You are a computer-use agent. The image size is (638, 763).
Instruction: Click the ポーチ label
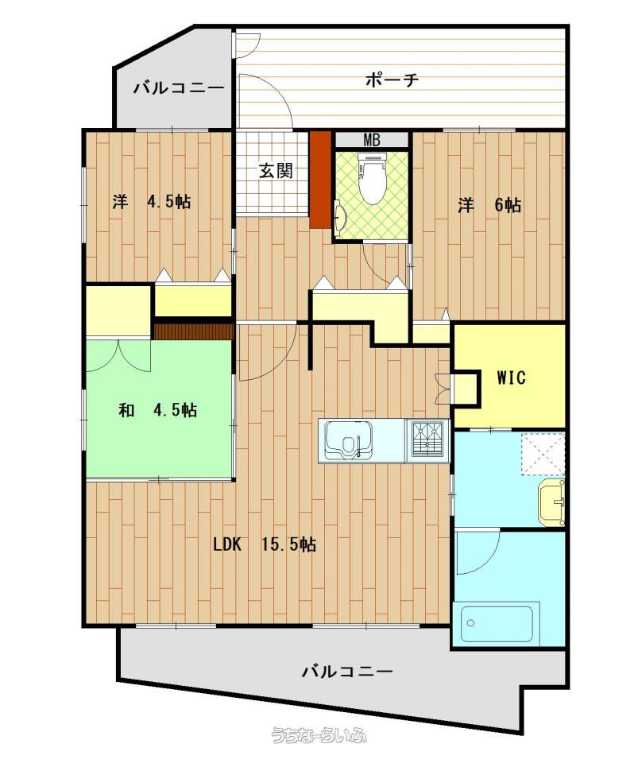(x=392, y=79)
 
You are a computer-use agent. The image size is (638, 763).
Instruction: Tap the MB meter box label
(x=372, y=140)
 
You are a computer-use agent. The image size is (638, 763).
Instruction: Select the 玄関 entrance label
(x=276, y=171)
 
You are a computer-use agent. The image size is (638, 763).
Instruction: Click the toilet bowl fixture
(x=373, y=177)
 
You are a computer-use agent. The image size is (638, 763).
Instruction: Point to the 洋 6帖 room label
(x=489, y=205)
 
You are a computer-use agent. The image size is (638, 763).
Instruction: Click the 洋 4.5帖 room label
(x=152, y=201)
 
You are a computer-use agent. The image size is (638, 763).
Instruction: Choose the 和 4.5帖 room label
(x=158, y=410)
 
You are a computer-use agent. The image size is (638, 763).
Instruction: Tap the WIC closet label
(x=511, y=378)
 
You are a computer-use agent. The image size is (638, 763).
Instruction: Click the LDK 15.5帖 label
(x=265, y=544)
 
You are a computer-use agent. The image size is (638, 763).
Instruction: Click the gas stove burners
(x=427, y=440)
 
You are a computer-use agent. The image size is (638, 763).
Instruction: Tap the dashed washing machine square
(x=543, y=454)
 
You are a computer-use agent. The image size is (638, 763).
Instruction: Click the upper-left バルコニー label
(x=179, y=88)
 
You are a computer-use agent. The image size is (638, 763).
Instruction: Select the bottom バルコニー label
(x=346, y=672)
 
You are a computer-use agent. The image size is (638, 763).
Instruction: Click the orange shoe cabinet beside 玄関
(x=320, y=179)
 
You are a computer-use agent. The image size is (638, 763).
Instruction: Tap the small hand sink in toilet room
(x=340, y=215)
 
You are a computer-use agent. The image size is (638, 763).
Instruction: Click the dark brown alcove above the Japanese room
(x=194, y=331)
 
